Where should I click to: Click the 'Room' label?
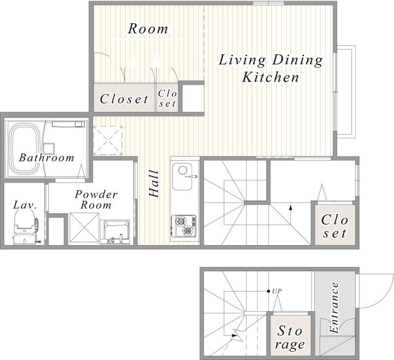148,29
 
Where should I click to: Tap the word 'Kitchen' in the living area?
270,77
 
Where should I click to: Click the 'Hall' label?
154,184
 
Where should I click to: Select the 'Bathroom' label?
47,158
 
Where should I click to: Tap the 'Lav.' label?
25,205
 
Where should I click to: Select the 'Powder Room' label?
96,199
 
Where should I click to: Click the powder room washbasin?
115,232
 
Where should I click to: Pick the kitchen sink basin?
182,177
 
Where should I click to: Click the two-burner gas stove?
183,226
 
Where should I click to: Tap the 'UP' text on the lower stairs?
277,291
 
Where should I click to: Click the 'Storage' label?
290,337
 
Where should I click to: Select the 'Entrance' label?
334,307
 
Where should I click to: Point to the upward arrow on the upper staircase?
291,215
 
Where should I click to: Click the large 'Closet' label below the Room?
124,98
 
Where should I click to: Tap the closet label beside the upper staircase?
334,226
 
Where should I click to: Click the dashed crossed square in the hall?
108,140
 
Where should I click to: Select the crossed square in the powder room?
84,228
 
